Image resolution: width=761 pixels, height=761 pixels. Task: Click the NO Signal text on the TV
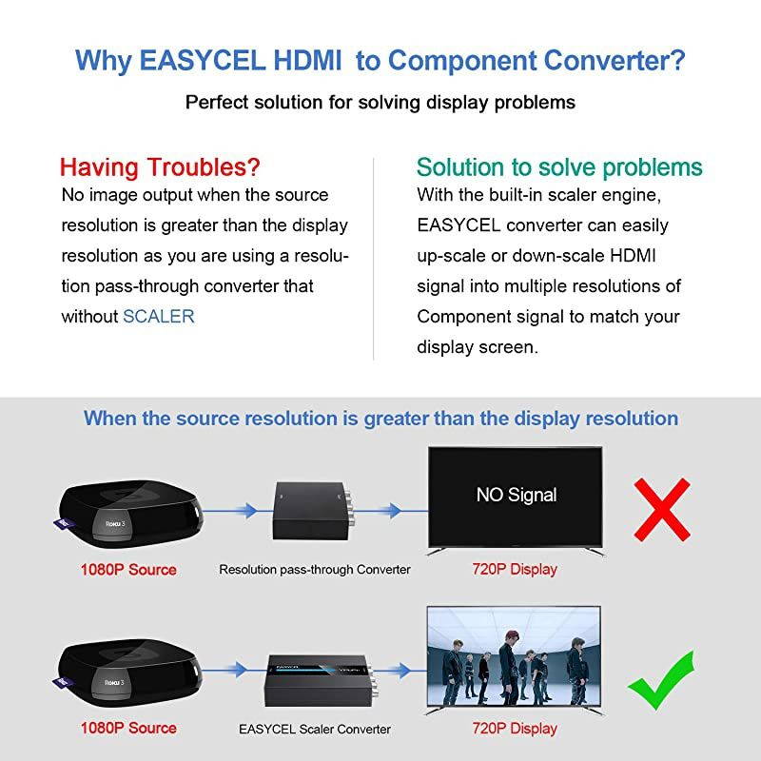tap(517, 495)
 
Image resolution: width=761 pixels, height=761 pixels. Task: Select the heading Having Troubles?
tap(160, 167)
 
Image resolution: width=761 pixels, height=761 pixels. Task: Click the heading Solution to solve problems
tap(559, 167)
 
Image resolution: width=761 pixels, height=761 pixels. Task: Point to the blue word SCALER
tap(159, 317)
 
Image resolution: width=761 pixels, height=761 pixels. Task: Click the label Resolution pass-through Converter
tap(315, 570)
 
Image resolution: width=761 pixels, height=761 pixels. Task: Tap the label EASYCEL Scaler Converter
tap(315, 730)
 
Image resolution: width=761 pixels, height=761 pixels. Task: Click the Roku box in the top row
tap(129, 514)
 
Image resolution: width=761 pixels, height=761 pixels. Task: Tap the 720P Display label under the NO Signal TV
tap(515, 570)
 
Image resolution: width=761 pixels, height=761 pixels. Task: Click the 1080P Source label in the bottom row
tap(127, 729)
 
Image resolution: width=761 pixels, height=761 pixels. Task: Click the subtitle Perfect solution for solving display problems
tap(380, 102)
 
